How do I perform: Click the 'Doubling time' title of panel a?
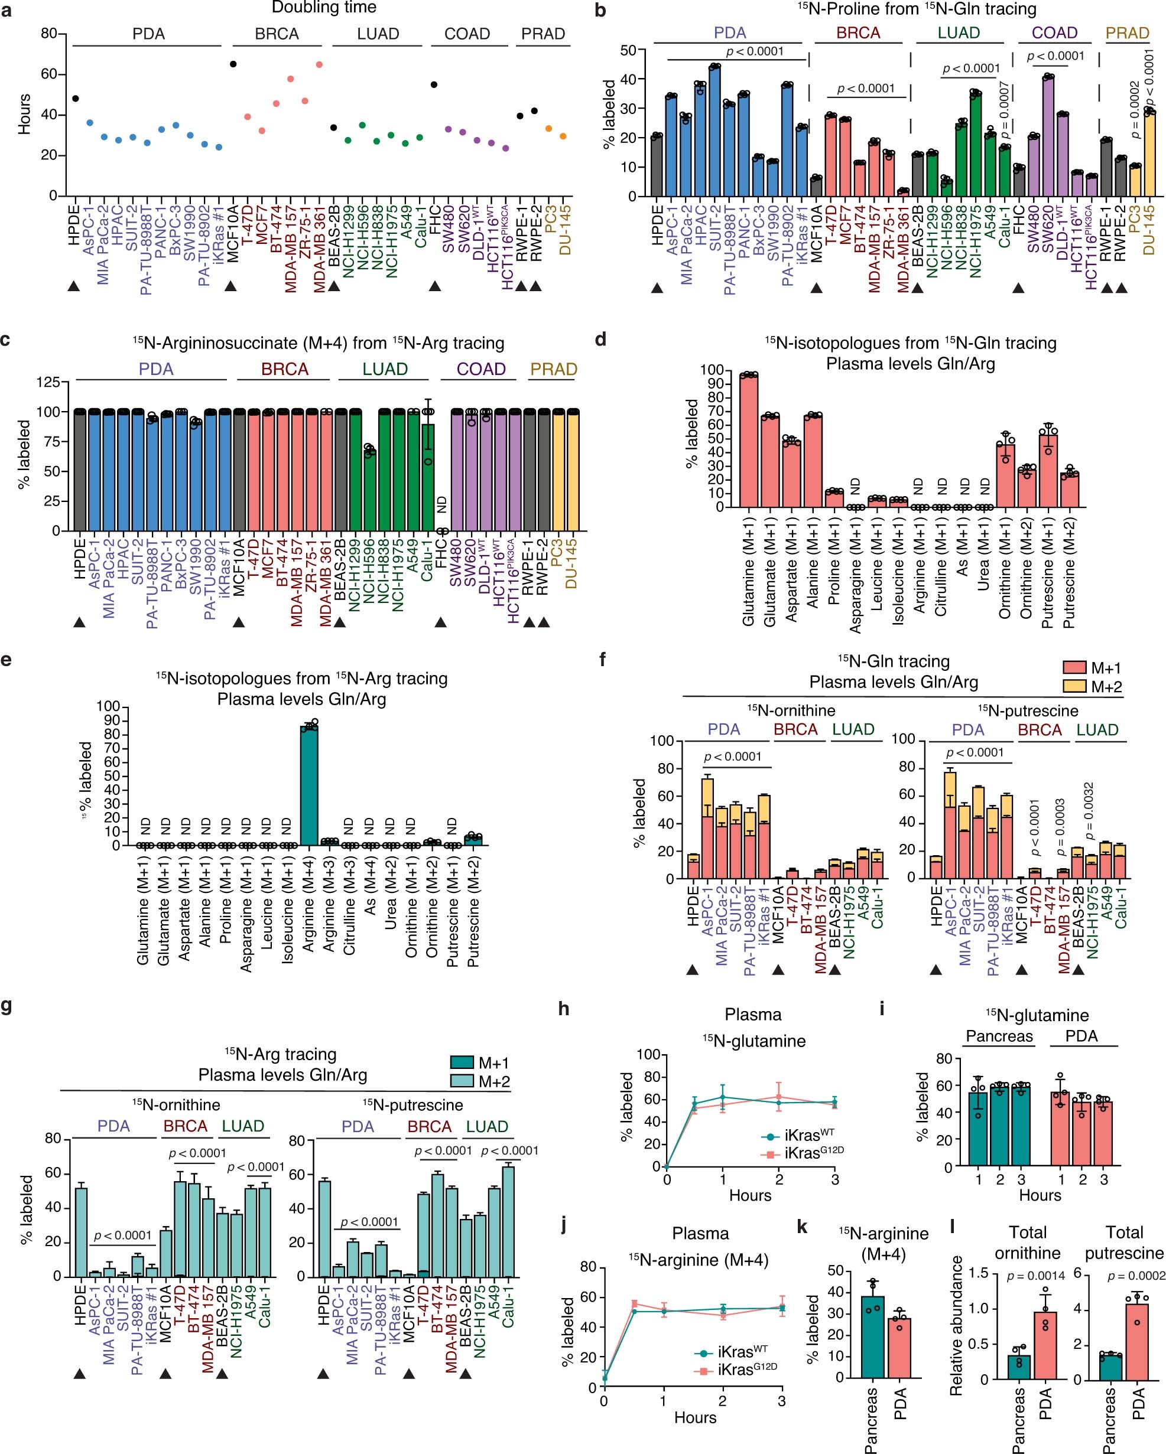(324, 8)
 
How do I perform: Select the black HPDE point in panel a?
(75, 99)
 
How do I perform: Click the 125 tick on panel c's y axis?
(52, 382)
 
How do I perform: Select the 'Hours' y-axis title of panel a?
(24, 115)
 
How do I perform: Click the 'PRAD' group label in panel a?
(543, 34)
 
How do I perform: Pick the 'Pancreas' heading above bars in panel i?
(999, 1036)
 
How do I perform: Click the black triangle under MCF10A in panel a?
(232, 286)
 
